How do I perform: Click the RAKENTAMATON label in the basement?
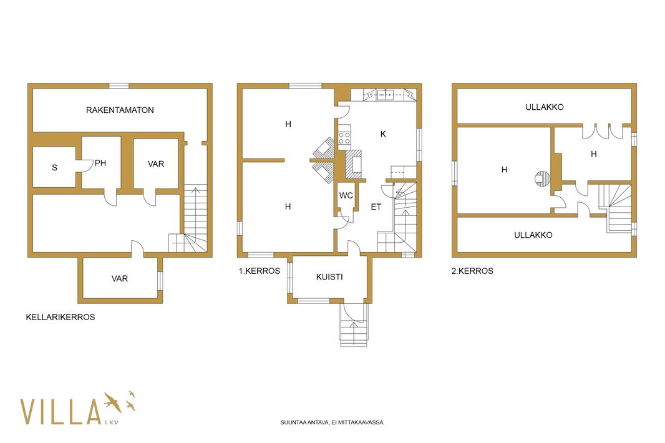pyautogui.click(x=120, y=110)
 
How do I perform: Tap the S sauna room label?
pyautogui.click(x=54, y=168)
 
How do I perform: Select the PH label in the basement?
pyautogui.click(x=100, y=163)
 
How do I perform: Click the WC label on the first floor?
pyautogui.click(x=346, y=196)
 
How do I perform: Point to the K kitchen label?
pyautogui.click(x=383, y=134)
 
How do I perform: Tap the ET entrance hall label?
pyautogui.click(x=376, y=207)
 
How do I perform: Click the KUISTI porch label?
pyautogui.click(x=329, y=277)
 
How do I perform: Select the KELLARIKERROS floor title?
pyautogui.click(x=61, y=317)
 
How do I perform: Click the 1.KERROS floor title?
pyautogui.click(x=260, y=271)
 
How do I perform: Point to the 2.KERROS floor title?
pyautogui.click(x=472, y=271)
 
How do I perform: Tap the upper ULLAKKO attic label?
pyautogui.click(x=545, y=107)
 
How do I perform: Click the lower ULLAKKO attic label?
pyautogui.click(x=533, y=235)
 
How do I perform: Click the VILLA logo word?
pyautogui.click(x=61, y=412)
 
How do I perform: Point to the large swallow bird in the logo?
pyautogui.click(x=114, y=402)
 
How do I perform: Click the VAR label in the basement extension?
pyautogui.click(x=120, y=279)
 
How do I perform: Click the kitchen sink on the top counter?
pyautogui.click(x=386, y=95)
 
